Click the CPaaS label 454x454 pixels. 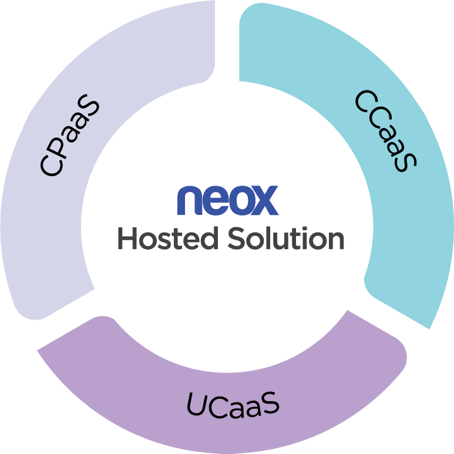pyautogui.click(x=70, y=135)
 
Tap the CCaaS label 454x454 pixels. pyautogui.click(x=386, y=131)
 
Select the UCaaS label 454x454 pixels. pyautogui.click(x=233, y=405)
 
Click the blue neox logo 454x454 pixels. pyautogui.click(x=228, y=200)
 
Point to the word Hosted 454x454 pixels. pyautogui.click(x=168, y=238)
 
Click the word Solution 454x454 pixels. pyautogui.click(x=286, y=238)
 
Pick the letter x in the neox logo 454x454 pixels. pyautogui.click(x=264, y=200)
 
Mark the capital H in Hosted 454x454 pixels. pyautogui.click(x=127, y=238)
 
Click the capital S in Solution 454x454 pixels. pyautogui.click(x=237, y=238)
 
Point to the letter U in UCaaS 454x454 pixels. pyautogui.click(x=199, y=404)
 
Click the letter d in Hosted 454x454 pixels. pyautogui.click(x=208, y=238)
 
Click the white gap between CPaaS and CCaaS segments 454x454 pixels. pyautogui.click(x=227, y=41)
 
